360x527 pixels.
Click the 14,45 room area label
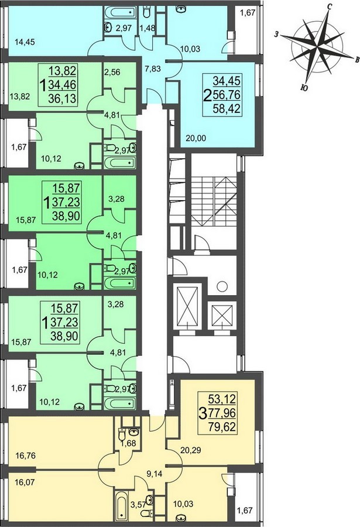click(x=25, y=42)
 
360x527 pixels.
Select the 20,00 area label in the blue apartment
click(x=196, y=138)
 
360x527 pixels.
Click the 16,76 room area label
click(x=26, y=456)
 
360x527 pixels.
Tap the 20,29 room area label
click(x=191, y=449)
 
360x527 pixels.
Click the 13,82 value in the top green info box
click(x=63, y=71)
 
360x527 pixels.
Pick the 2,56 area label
click(x=112, y=72)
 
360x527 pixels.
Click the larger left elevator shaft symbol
click(x=186, y=306)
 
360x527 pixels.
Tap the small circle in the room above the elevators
click(x=222, y=287)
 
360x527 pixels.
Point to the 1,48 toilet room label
click(x=148, y=28)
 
